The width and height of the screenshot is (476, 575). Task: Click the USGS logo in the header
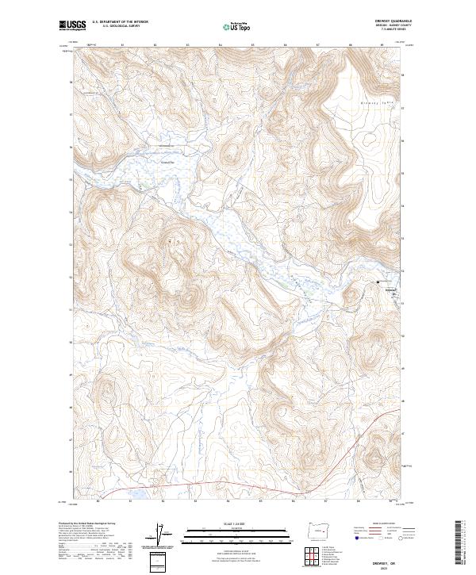pyautogui.click(x=73, y=25)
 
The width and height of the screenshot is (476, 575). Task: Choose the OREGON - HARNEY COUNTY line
pyautogui.click(x=399, y=26)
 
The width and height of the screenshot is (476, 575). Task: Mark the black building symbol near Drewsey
pyautogui.click(x=378, y=282)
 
